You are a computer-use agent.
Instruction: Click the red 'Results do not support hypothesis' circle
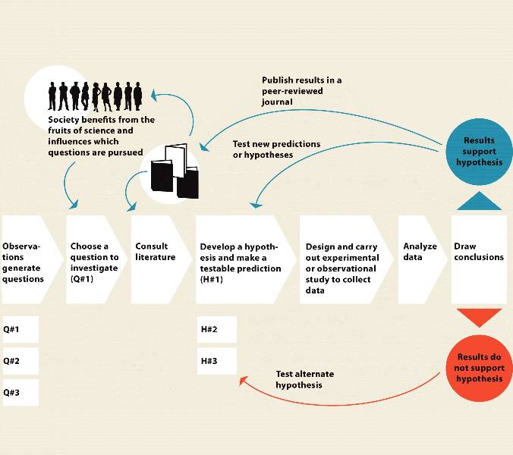tap(480, 368)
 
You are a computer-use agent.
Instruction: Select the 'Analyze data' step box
tap(420, 259)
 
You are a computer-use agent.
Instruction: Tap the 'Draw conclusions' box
tap(478, 259)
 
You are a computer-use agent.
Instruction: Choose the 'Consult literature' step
tap(157, 259)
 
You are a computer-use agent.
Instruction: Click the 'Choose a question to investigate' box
tap(94, 259)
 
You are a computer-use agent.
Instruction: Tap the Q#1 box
tap(20, 329)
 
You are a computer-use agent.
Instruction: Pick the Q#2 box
tap(20, 361)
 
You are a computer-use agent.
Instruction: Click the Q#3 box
tap(20, 393)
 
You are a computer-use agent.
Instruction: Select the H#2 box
tap(216, 329)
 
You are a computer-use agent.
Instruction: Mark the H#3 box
tap(216, 361)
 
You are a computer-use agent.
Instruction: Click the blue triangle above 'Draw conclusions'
tap(479, 202)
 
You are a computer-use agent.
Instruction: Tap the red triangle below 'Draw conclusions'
tap(479, 317)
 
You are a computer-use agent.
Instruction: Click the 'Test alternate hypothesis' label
tap(304, 379)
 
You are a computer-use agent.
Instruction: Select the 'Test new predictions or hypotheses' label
tap(276, 149)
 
